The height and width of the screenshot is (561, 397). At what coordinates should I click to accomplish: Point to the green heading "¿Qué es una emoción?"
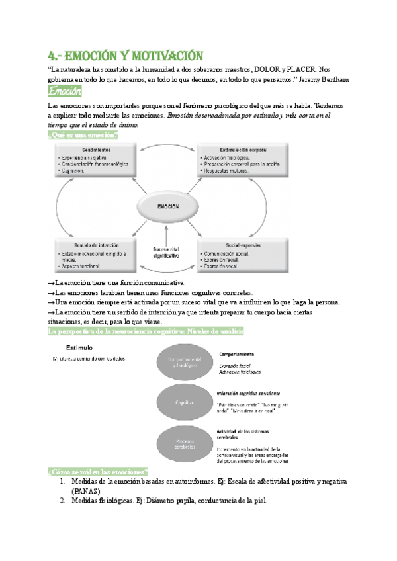pos(83,135)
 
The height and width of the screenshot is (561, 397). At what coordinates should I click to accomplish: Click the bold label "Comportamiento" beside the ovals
pos(239,353)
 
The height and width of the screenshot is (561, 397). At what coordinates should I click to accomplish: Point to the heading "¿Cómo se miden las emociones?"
pos(98,471)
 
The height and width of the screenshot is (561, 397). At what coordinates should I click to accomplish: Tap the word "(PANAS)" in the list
pos(85,492)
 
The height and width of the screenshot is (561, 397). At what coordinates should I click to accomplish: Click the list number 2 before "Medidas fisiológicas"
pos(62,501)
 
